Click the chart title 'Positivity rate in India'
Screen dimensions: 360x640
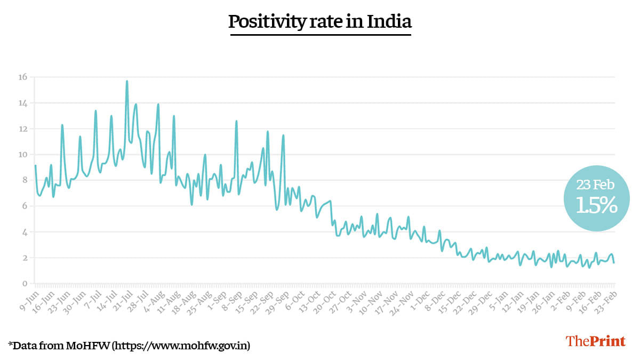tap(320, 22)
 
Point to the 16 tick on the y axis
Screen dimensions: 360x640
tap(22, 77)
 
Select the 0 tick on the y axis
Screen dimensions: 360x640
tap(24, 284)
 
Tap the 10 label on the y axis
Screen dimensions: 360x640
tap(22, 155)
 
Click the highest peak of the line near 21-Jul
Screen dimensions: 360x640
tap(127, 81)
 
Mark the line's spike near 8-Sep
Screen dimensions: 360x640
tap(236, 121)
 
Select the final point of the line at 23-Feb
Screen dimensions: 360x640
tap(614, 262)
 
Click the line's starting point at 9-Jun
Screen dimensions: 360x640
tap(35, 165)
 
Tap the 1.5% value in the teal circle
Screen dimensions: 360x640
tap(596, 205)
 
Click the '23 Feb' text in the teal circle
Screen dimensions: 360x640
tap(595, 185)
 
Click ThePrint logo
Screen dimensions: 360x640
tap(595, 341)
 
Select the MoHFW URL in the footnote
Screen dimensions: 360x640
tap(180, 346)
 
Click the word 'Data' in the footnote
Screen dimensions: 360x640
tap(25, 346)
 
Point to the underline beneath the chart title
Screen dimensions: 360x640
tap(320, 35)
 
